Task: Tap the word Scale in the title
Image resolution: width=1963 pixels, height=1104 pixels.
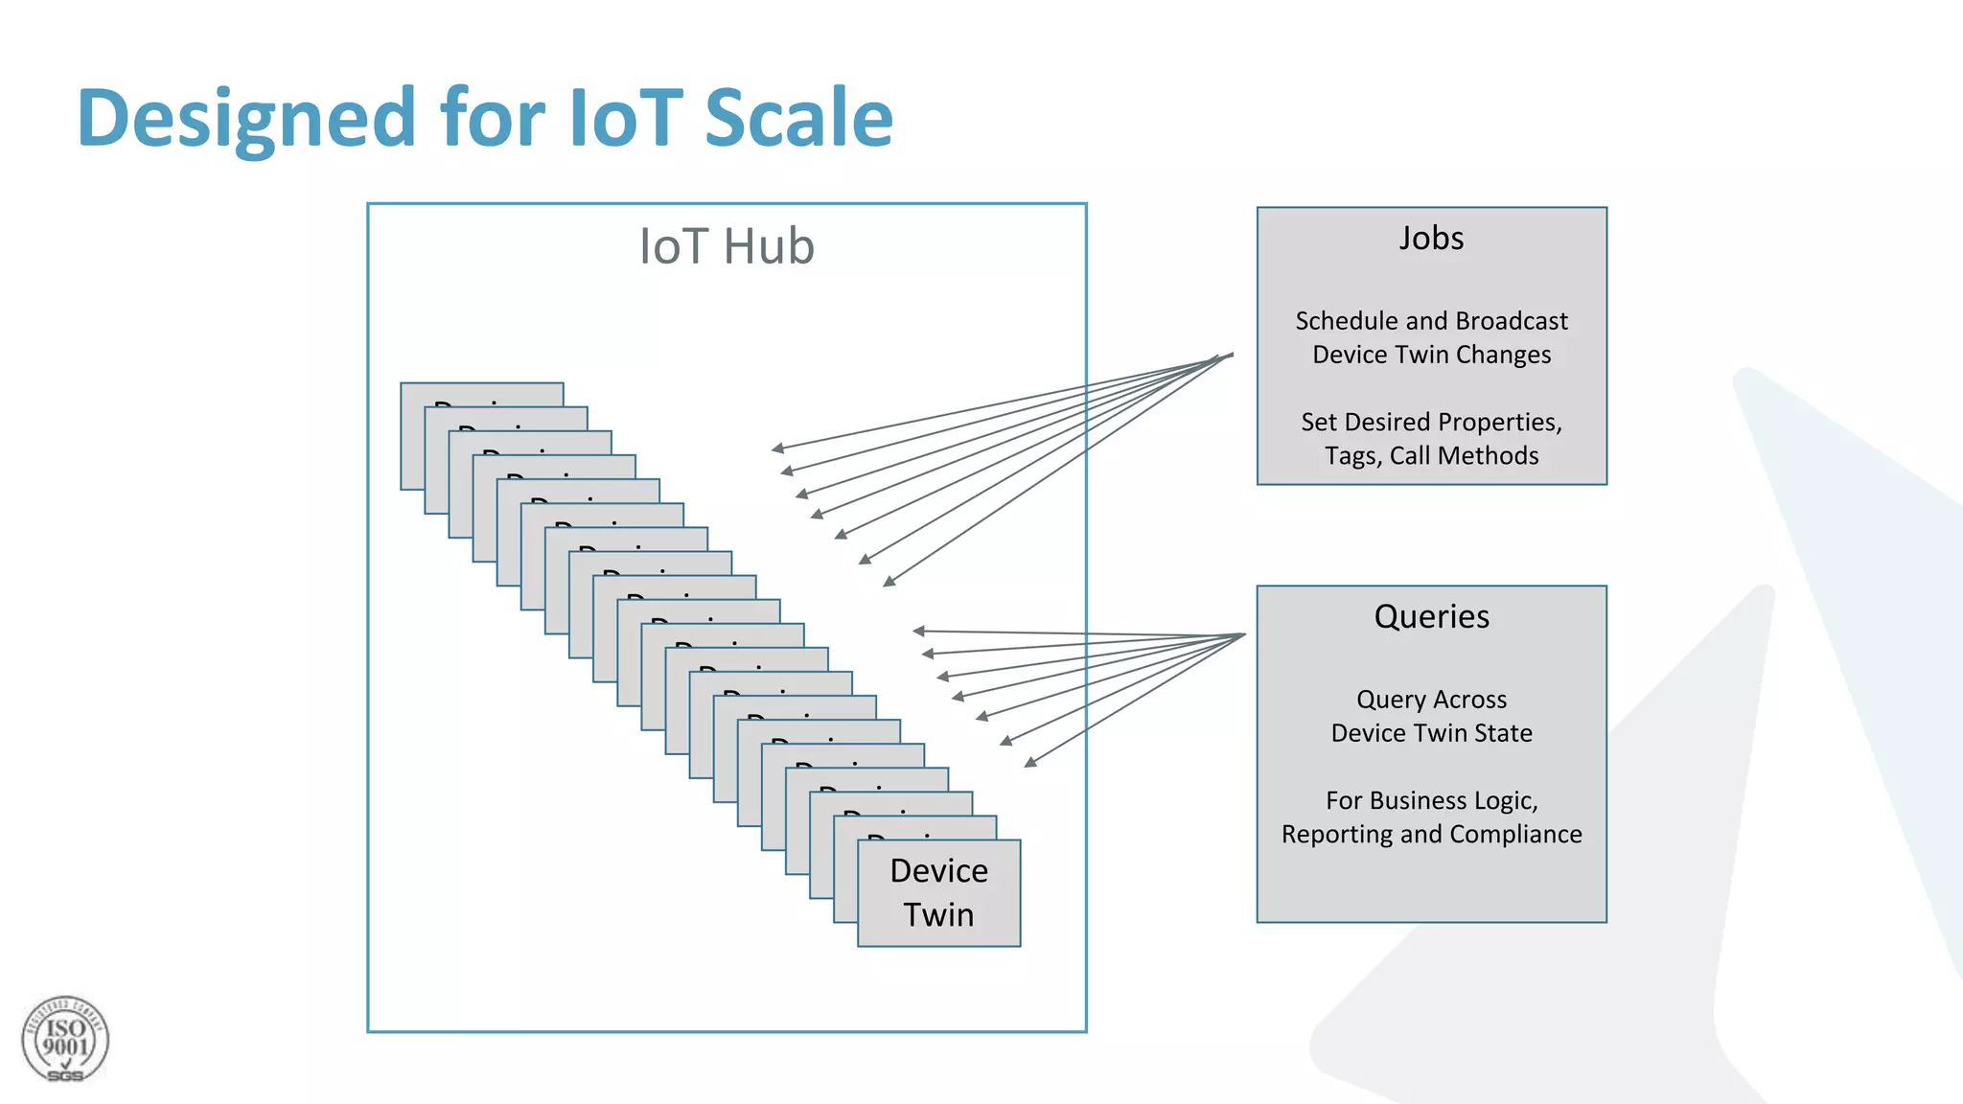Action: tap(798, 118)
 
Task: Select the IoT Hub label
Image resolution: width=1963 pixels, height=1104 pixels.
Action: tap(727, 246)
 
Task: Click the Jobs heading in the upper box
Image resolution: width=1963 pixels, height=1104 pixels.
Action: tap(1431, 238)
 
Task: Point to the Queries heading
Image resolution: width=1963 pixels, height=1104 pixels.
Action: tap(1431, 616)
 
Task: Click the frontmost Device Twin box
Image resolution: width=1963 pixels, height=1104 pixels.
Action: tap(938, 893)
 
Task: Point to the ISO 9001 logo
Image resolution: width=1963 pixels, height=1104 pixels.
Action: tap(65, 1040)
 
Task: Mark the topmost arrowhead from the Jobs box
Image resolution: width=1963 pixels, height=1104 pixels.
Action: tap(777, 448)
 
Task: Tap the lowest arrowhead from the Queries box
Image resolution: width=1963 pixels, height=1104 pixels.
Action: tap(1029, 763)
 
